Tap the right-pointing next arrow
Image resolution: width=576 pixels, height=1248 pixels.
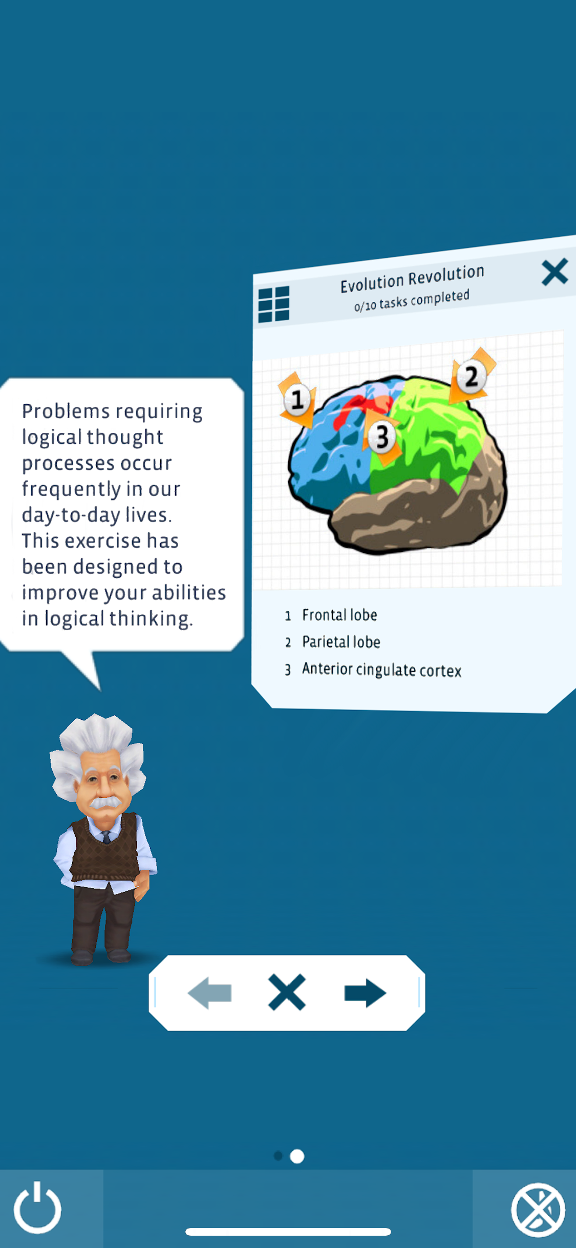point(365,993)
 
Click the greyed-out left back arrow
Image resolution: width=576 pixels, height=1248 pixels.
point(209,993)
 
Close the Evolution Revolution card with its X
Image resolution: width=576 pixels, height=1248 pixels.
point(554,272)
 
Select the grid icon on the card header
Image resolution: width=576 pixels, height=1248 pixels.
point(273,304)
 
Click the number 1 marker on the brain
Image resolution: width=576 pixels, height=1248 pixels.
point(297,400)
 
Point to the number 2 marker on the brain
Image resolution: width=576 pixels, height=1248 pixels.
point(471,377)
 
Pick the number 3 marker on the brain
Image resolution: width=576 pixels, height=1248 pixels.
point(382,437)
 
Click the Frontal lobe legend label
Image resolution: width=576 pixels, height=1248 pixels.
point(339,615)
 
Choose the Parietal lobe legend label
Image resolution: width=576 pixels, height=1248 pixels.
point(341,642)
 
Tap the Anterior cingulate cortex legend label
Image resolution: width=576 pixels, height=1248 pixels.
point(381,670)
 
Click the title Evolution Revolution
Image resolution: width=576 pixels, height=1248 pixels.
point(412,278)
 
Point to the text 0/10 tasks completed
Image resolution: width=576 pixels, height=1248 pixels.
point(412,301)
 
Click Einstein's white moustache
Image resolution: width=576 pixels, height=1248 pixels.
point(105,802)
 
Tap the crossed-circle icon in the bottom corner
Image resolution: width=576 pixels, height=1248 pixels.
point(538,1209)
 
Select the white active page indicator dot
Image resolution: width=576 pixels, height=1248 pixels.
point(297,1156)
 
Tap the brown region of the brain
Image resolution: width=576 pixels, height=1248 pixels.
point(410,517)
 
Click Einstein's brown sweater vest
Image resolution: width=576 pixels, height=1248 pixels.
point(104,848)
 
